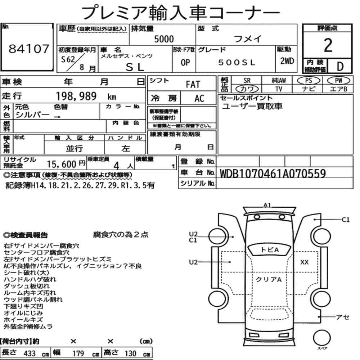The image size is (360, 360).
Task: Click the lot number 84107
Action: coord(29,49)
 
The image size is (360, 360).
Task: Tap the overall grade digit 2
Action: coord(328,45)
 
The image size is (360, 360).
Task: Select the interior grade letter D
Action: coord(340,66)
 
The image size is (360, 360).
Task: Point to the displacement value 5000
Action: coord(164,39)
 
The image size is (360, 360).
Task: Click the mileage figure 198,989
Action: coord(76,96)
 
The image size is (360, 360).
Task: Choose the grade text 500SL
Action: coord(237,62)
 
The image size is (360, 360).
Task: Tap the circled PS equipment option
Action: coord(309,81)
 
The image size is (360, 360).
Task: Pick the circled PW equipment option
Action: coord(338,81)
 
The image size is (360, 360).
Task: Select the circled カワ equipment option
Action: coord(247,89)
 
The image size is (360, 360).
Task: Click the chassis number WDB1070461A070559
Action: coord(273,174)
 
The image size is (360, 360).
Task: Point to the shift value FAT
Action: coord(193,85)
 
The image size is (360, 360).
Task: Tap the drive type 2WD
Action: coord(287,61)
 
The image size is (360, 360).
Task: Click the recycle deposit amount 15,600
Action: coord(62,165)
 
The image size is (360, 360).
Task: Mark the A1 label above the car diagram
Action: coord(267,205)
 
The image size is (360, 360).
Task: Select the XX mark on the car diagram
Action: coord(305,262)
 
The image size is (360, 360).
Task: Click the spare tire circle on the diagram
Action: coord(321,338)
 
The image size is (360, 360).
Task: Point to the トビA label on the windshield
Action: coord(270,249)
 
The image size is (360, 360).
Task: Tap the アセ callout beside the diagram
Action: coord(343,317)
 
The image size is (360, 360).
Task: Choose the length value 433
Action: coord(30,354)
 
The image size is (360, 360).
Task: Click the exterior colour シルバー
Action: coord(32,114)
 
